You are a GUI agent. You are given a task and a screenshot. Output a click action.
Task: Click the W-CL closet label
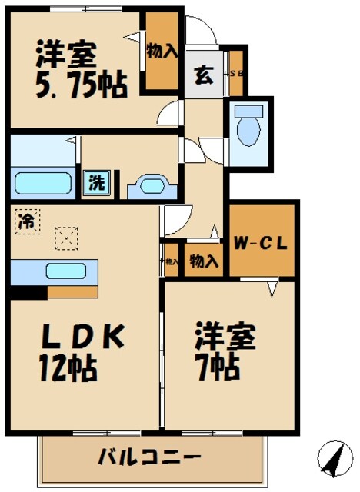262,244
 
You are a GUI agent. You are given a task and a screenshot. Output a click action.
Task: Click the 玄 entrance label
204,75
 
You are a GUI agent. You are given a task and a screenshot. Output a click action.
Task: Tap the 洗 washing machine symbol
96,182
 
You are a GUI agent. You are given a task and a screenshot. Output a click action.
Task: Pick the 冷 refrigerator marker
25,221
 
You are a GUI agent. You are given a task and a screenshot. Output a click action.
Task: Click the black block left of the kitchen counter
28,292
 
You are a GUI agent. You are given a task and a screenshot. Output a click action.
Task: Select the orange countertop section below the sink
72,292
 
